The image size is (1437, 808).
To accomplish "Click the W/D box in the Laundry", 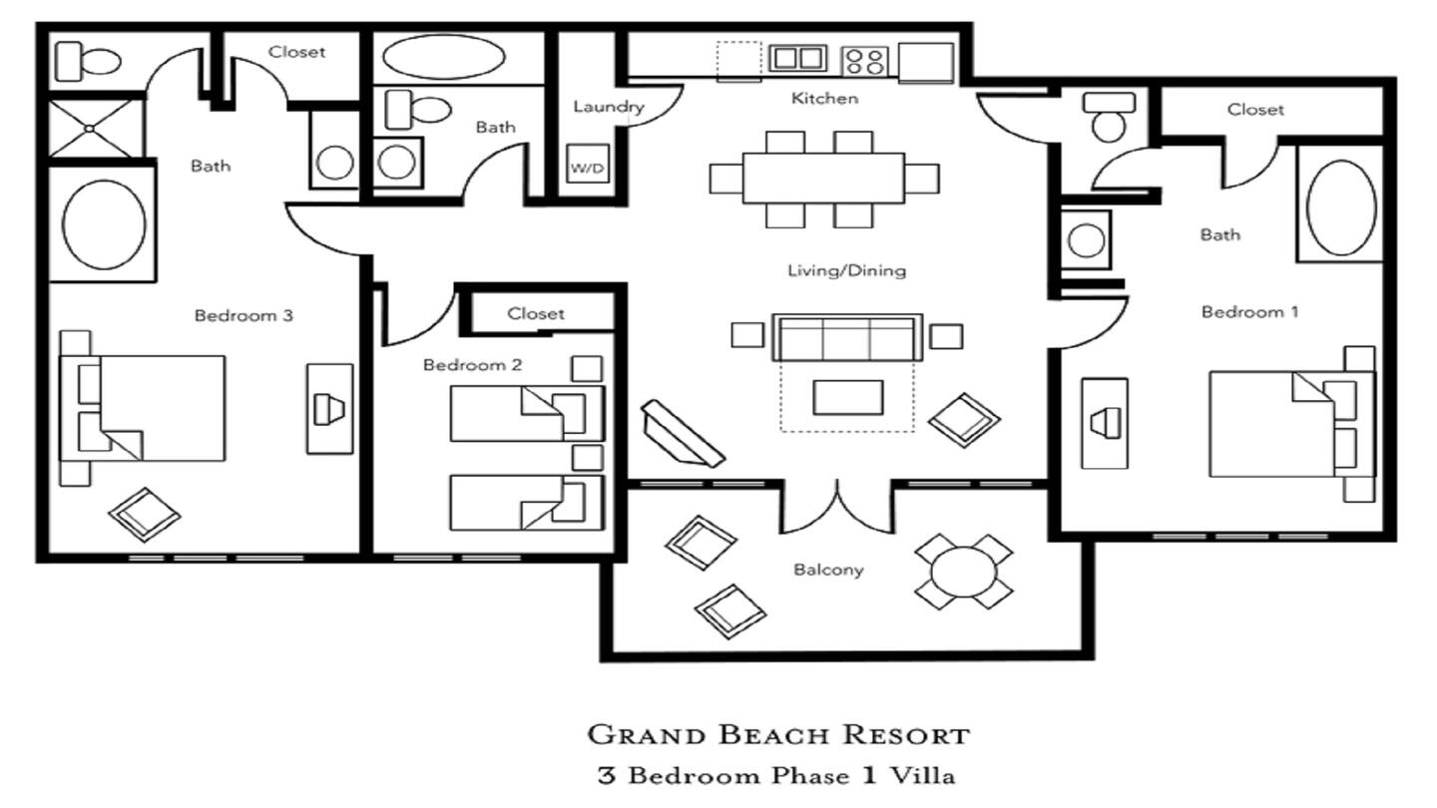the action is pos(588,165).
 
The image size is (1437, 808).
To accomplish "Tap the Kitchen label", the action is pos(824,98).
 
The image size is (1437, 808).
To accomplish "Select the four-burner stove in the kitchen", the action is pos(865,62).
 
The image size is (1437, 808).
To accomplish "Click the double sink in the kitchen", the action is pos(797,59).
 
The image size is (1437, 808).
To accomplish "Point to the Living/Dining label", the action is pos(847,270).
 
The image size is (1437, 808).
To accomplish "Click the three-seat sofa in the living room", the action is pos(847,338).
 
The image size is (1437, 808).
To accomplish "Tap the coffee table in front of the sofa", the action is pos(848,398).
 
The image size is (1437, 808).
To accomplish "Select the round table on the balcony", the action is pos(964,572).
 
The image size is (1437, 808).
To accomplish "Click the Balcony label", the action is pos(828,570).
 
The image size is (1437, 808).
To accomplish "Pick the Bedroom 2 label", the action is pos(473,365).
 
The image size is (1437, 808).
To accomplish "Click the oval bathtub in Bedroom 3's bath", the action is pos(104,224).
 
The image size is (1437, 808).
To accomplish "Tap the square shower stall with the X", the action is pos(90,129).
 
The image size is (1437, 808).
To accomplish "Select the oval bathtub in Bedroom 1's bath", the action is pos(1341,207).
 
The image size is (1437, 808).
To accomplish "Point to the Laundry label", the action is pos(608,107).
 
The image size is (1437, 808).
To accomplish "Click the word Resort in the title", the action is pos(906,735).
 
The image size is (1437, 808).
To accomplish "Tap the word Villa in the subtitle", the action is pos(922,776).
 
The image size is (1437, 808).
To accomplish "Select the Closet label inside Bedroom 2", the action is pos(536,313).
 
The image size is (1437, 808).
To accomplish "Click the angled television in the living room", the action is pos(684,434).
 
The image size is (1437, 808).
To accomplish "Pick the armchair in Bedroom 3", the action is pos(144,515).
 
